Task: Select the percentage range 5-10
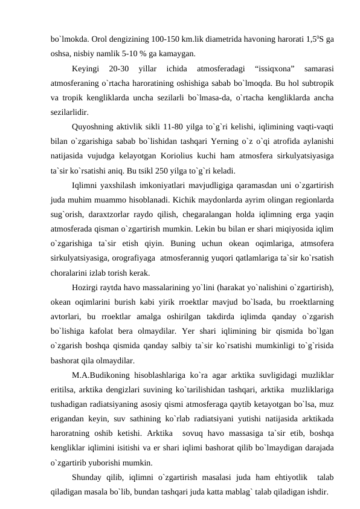pos(132,53)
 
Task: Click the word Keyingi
pos(86,66)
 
